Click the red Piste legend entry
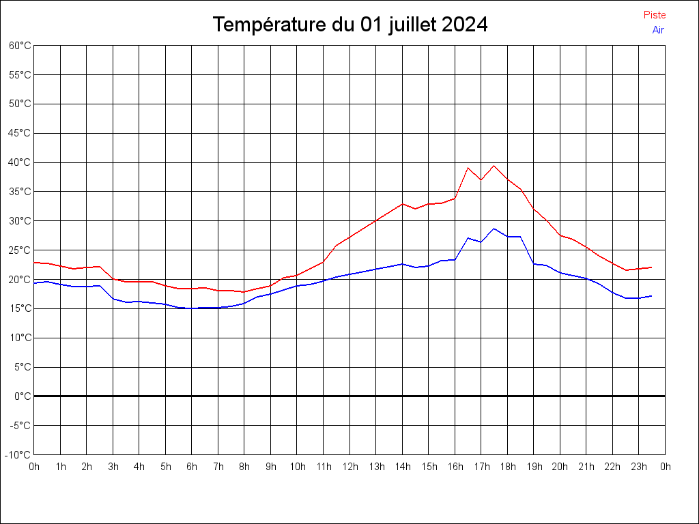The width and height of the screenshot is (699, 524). (x=655, y=15)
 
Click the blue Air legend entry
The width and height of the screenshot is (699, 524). (x=658, y=30)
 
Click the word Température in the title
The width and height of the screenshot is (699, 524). (x=270, y=25)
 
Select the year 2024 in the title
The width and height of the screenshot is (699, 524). (x=465, y=25)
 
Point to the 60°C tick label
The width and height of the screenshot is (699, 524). (x=20, y=46)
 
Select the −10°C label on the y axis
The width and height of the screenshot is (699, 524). (x=19, y=454)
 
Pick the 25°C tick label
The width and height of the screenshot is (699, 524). (x=20, y=250)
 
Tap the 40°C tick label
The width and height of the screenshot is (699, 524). (x=20, y=162)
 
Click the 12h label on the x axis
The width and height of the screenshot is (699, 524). (x=349, y=467)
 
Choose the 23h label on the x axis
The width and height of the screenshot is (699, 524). (x=639, y=467)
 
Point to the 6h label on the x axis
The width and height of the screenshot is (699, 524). (x=192, y=467)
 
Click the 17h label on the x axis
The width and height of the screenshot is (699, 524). (x=481, y=467)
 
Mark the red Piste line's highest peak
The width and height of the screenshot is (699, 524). (x=494, y=166)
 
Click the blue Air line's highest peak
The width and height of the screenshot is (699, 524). (x=494, y=229)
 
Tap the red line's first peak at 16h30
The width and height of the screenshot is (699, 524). (x=468, y=168)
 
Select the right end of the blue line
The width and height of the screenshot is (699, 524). (x=652, y=296)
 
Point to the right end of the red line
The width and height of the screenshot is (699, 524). (x=652, y=267)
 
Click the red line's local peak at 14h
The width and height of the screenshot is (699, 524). (x=403, y=203)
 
